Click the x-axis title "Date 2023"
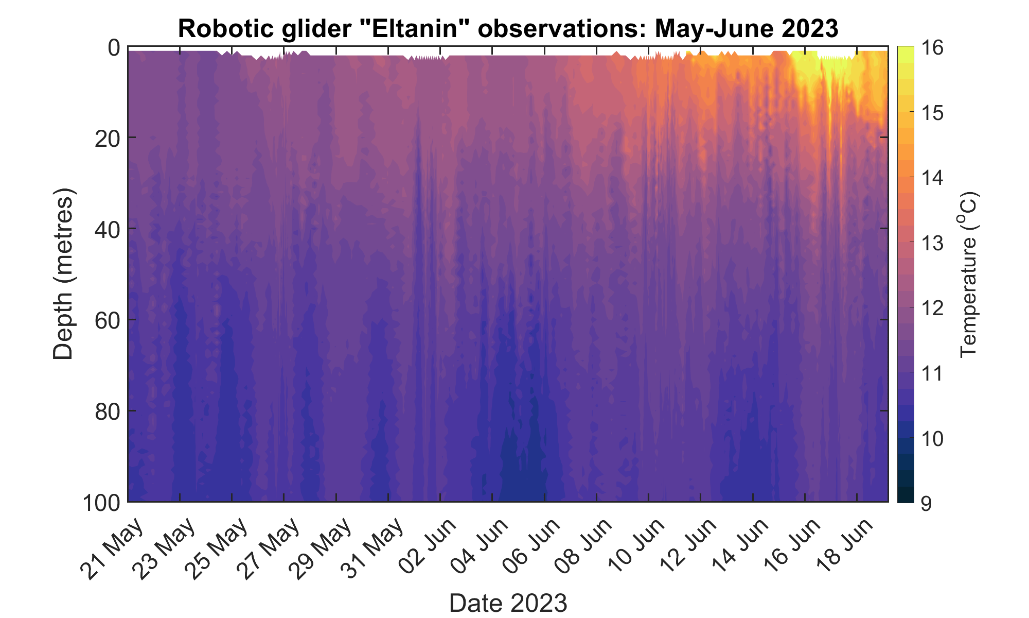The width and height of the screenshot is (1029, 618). [x=508, y=603]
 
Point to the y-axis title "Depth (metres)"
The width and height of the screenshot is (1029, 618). [x=64, y=274]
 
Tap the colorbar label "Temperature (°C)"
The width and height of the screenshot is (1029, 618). [x=969, y=274]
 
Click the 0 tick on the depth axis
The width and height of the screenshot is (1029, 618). [x=114, y=47]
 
